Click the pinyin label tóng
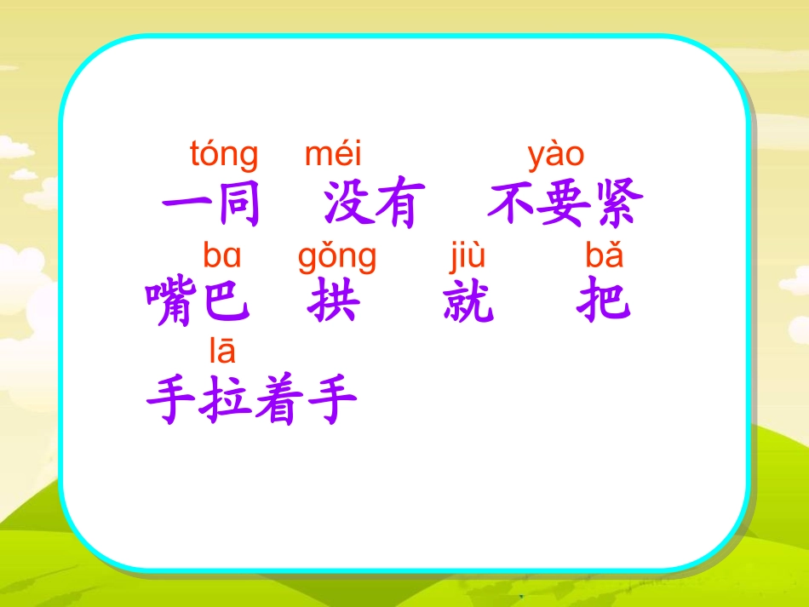tap(224, 157)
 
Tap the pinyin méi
tap(333, 155)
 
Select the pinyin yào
tap(556, 156)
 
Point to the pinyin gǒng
tap(337, 256)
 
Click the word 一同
tap(211, 205)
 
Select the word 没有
tap(370, 205)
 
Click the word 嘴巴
tap(198, 302)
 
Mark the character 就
tap(468, 302)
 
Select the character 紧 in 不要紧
tap(614, 205)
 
